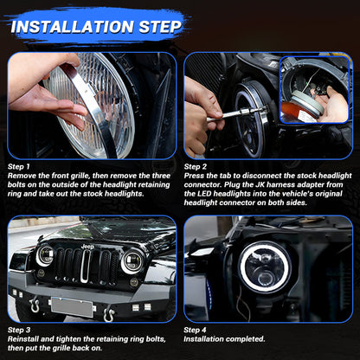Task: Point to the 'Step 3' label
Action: pos(21,330)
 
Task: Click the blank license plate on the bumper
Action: pos(72,305)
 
